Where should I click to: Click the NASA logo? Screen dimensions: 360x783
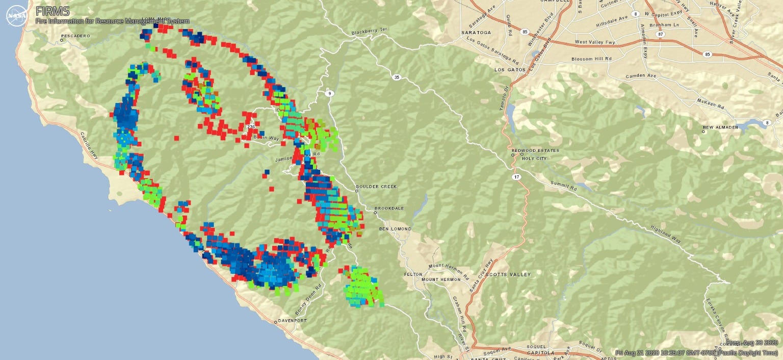(16, 15)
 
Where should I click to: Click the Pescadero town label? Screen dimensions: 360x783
(75, 36)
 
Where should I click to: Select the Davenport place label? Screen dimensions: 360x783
(293, 321)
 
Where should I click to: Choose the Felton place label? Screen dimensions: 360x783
(413, 274)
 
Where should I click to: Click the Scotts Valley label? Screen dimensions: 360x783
(511, 274)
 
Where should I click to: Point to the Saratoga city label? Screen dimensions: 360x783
(476, 32)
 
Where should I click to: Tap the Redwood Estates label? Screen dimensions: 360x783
(535, 150)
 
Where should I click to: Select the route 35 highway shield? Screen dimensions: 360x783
(396, 78)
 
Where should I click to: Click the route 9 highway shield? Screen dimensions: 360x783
(329, 93)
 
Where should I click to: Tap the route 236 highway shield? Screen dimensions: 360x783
(250, 126)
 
